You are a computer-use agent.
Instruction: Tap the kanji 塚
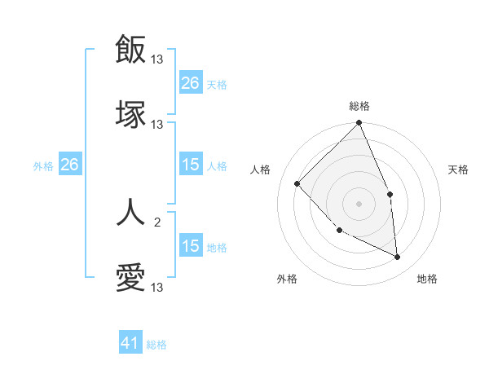click(x=130, y=115)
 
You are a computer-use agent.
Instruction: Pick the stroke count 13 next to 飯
click(x=157, y=59)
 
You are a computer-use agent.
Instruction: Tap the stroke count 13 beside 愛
click(x=157, y=288)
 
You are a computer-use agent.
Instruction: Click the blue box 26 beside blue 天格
click(x=190, y=82)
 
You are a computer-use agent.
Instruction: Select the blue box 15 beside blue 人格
click(x=190, y=165)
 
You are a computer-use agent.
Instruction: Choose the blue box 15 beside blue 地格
click(x=190, y=246)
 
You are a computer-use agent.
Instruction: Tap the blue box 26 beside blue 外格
click(x=69, y=165)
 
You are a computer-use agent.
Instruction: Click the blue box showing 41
click(x=130, y=344)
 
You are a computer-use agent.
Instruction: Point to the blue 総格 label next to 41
click(x=156, y=345)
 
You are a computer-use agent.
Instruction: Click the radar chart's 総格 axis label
click(x=359, y=106)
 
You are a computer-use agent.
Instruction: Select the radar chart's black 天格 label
click(x=459, y=169)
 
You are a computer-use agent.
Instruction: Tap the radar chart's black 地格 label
click(x=427, y=279)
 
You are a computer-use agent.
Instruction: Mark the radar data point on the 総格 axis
click(x=359, y=124)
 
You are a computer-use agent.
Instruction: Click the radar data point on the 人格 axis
click(x=297, y=183)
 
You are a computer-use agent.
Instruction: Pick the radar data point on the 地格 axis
click(x=398, y=257)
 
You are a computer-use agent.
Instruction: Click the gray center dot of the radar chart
click(x=359, y=204)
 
